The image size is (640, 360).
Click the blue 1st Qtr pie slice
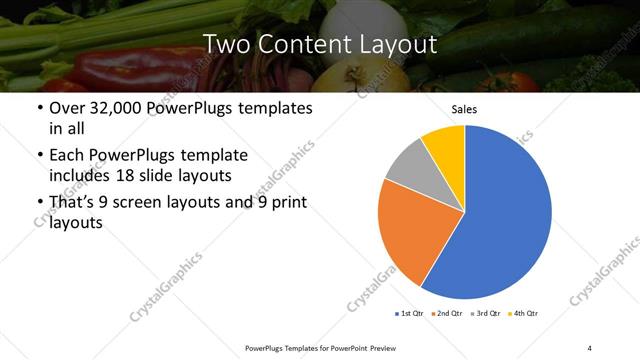tap(505, 215)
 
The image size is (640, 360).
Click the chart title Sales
tap(464, 109)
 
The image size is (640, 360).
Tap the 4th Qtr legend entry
tap(524, 314)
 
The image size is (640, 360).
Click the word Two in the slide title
tap(226, 44)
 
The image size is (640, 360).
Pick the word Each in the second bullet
tap(67, 155)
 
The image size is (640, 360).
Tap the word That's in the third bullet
tap(75, 203)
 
